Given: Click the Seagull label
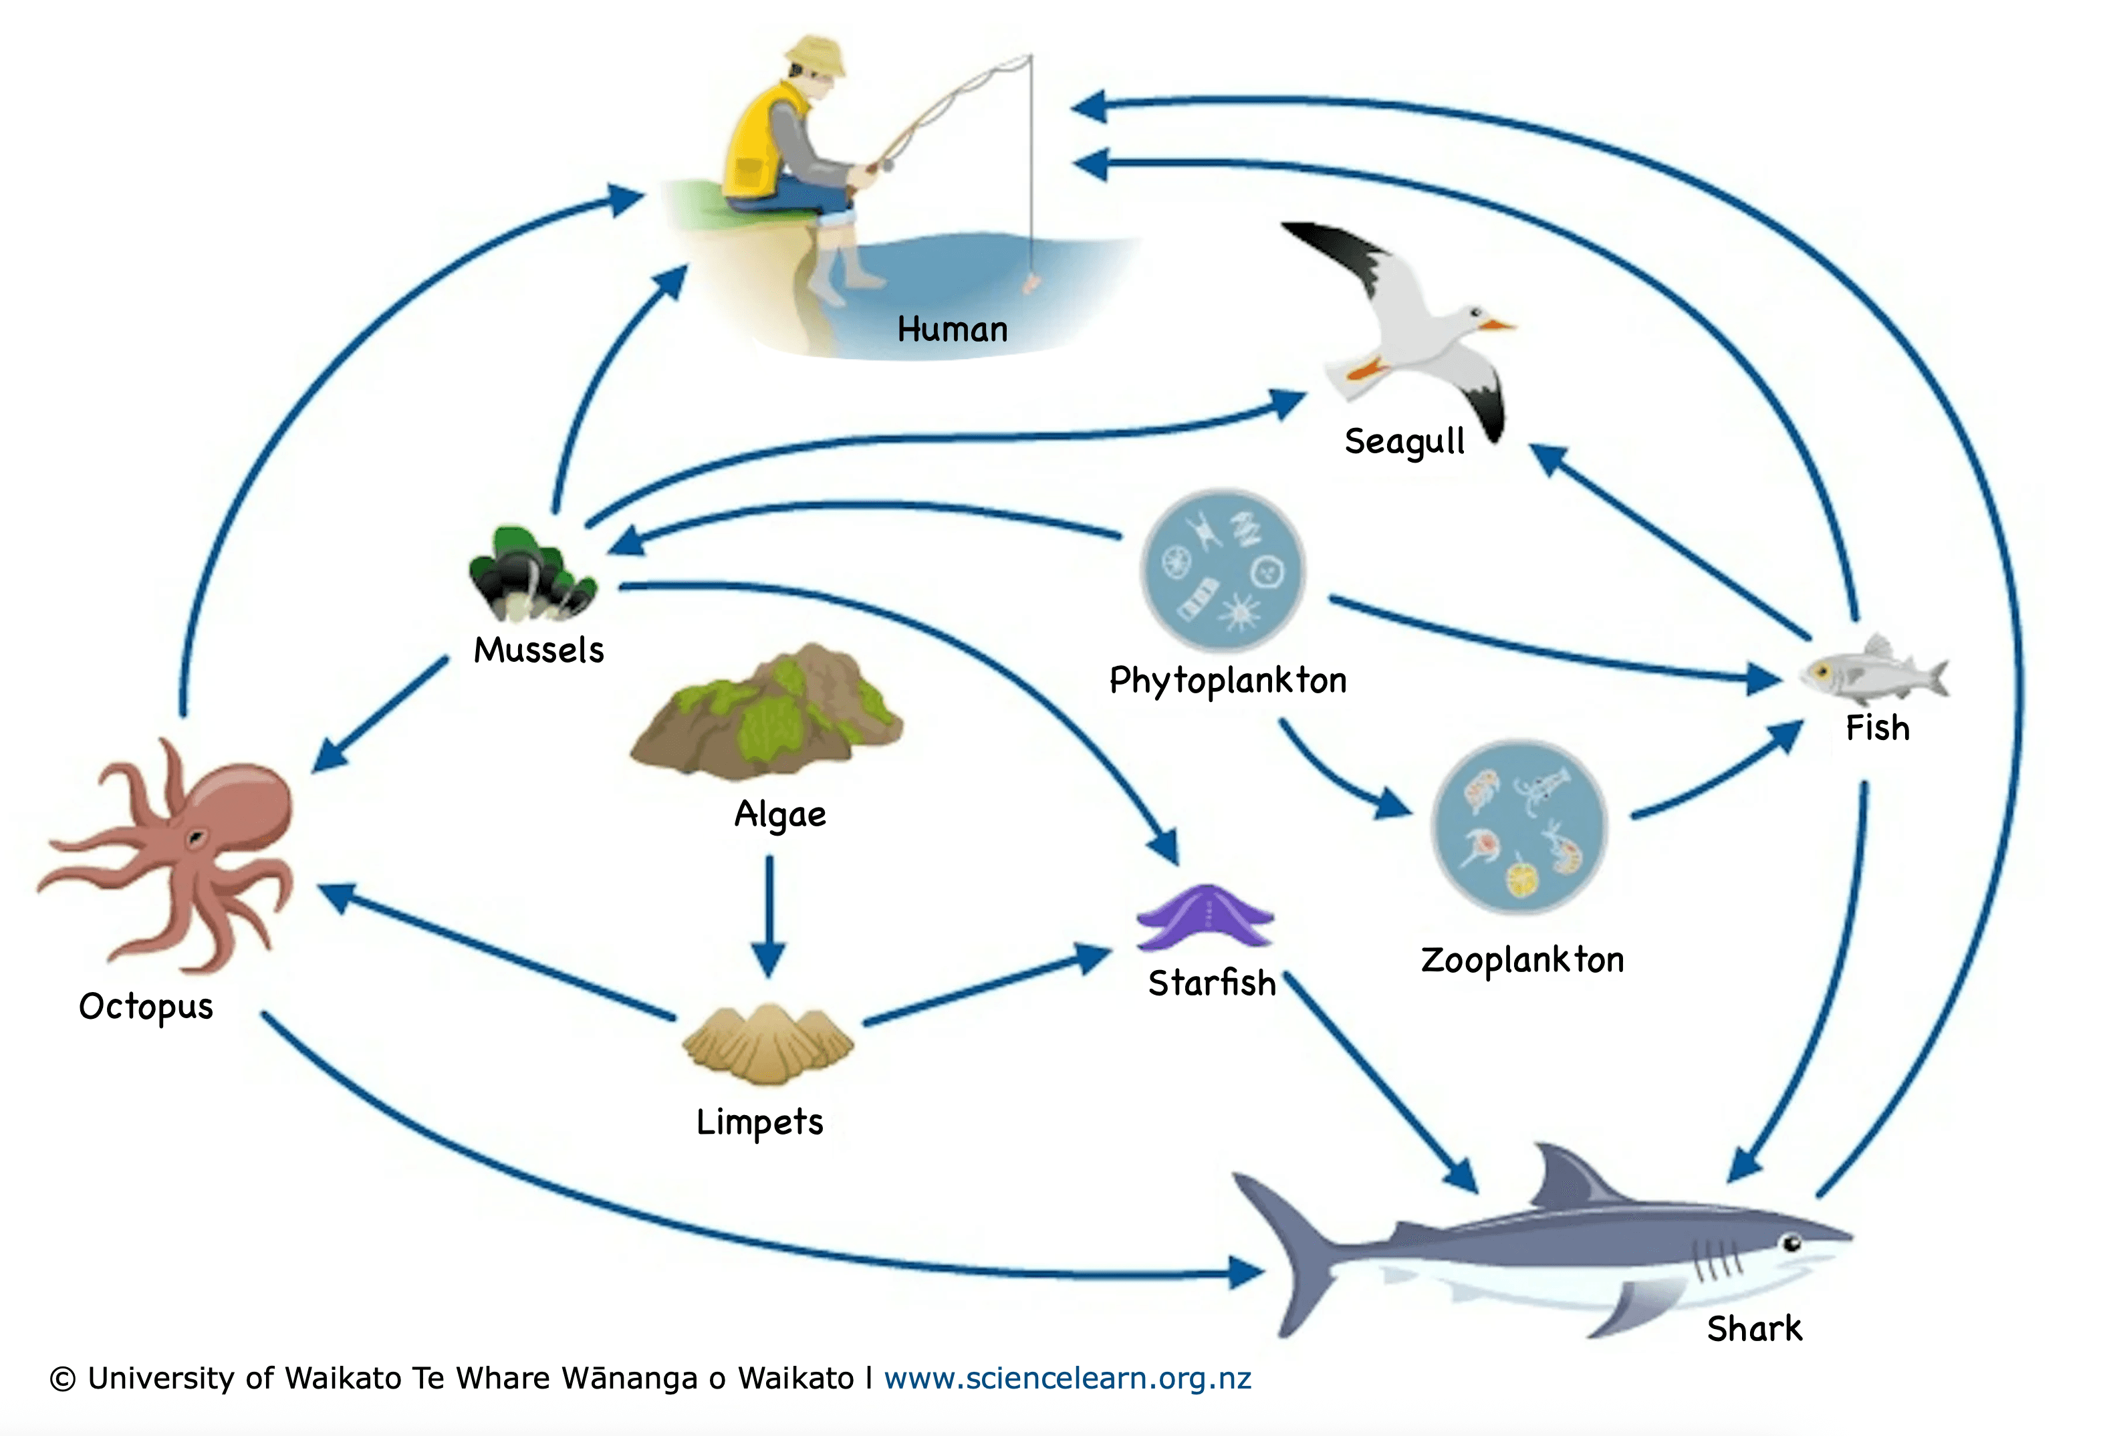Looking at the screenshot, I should pos(1404,441).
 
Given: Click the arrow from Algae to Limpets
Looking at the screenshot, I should pos(769,916).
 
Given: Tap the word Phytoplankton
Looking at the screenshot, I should pos(1227,680).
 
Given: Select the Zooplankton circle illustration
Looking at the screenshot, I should pos(1519,828).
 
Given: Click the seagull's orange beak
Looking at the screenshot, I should pos(1497,324).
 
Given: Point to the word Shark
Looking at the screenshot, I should pos(1753,1329).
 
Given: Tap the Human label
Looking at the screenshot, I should pos(952,329).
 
